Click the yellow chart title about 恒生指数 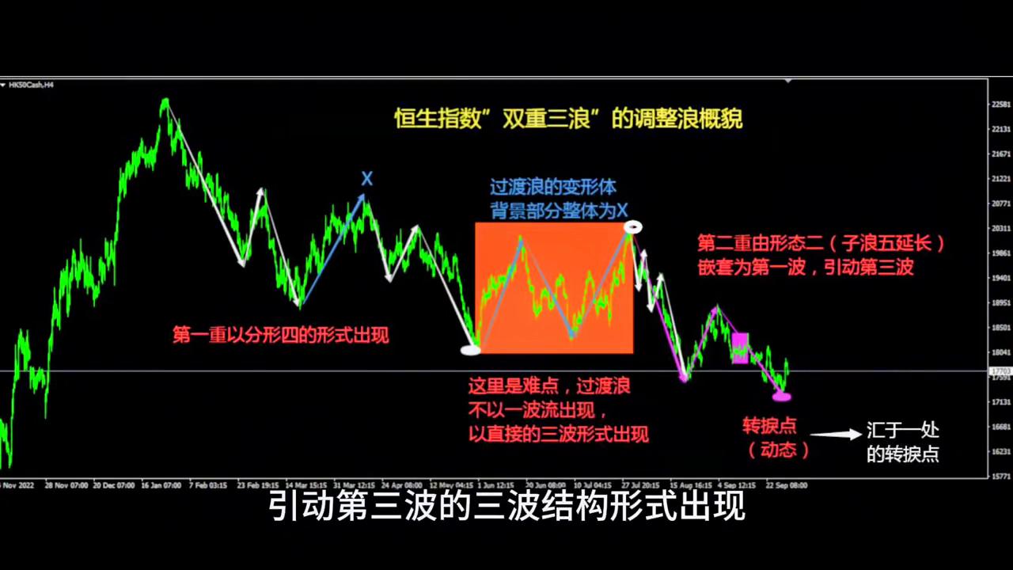click(568, 120)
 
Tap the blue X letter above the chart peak click(366, 179)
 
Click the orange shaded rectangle click(554, 287)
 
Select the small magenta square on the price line click(740, 348)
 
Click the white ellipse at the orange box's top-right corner click(632, 228)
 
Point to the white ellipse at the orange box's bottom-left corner click(471, 348)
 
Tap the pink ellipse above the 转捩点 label click(782, 396)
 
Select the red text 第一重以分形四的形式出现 click(280, 335)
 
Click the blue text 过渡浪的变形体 click(552, 188)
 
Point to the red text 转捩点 click(768, 426)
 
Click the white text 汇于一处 click(902, 432)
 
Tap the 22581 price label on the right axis click(1000, 104)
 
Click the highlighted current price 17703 click(1000, 370)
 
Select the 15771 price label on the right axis click(1000, 476)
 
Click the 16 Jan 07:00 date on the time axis click(162, 484)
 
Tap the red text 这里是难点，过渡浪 click(549, 387)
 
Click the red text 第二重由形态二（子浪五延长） click(821, 243)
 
